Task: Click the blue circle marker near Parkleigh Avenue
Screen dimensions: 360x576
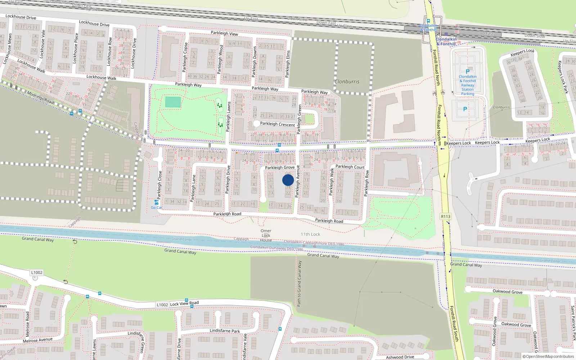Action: coord(288,180)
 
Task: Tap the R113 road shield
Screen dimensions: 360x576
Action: coord(445,216)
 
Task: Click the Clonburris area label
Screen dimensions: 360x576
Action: coord(347,82)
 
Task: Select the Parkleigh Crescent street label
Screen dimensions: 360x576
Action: coord(277,124)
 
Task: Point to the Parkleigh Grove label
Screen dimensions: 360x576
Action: coord(280,167)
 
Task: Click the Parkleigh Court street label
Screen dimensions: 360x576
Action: coord(350,167)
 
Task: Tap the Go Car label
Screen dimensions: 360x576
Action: coord(157,207)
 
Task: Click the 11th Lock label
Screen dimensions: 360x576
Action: coord(310,234)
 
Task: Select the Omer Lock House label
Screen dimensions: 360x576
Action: coord(266,235)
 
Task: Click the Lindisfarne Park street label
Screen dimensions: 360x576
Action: coord(225,330)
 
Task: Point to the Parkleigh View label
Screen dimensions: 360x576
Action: coord(224,33)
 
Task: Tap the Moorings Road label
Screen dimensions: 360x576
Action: coord(40,98)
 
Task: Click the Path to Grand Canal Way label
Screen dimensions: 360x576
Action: coord(299,284)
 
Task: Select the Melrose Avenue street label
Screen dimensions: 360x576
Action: coord(37,340)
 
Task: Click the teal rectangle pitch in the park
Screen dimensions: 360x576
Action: coord(173,102)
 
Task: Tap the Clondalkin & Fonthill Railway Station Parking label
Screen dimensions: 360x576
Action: coord(468,85)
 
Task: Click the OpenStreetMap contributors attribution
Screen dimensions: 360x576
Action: coord(548,357)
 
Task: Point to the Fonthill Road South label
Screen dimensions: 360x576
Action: coord(454,324)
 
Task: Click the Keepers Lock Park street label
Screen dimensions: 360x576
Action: coord(563,77)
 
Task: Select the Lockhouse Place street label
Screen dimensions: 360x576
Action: coord(76,49)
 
